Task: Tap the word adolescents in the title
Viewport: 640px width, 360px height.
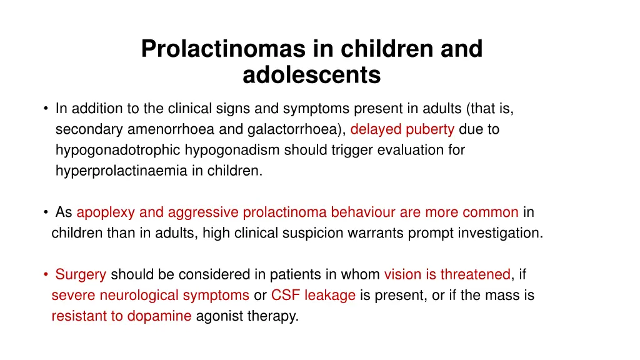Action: (x=311, y=75)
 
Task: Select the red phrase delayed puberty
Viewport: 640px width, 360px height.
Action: (x=402, y=129)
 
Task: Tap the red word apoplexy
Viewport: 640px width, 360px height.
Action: (x=105, y=212)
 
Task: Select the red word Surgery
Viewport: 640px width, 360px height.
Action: (x=81, y=274)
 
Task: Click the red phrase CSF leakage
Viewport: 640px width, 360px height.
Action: (x=313, y=295)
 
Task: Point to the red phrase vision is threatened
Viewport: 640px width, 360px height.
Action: (x=447, y=274)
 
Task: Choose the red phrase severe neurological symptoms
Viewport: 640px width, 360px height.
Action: (x=150, y=295)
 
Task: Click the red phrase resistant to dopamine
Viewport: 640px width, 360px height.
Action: (x=121, y=316)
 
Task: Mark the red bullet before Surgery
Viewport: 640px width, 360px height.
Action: (x=47, y=274)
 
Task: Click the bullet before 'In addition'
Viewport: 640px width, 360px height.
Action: (x=47, y=109)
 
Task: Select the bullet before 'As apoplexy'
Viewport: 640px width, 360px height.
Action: (x=47, y=212)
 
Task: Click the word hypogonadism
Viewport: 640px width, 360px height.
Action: (x=245, y=150)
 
